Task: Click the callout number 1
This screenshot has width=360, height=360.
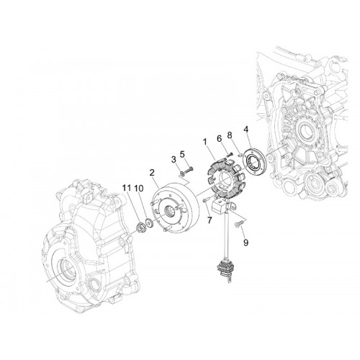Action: click(205, 142)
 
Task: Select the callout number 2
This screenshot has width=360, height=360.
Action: click(152, 173)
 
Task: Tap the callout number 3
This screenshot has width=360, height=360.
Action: click(174, 160)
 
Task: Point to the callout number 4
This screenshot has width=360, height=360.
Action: click(246, 130)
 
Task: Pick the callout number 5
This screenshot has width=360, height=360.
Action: click(182, 154)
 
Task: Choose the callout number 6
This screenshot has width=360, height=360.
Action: click(219, 139)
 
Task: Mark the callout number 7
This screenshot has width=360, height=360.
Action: click(210, 220)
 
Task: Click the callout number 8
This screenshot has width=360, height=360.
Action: click(230, 135)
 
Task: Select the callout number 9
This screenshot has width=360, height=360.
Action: click(246, 243)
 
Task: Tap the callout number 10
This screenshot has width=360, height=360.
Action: click(138, 189)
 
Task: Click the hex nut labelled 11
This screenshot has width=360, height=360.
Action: click(140, 227)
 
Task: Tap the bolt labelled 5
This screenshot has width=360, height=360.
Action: click(189, 169)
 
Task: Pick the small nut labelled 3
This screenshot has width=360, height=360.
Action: click(183, 173)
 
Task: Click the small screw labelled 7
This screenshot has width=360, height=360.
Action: click(206, 199)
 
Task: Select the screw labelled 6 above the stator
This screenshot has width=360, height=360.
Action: click(229, 155)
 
